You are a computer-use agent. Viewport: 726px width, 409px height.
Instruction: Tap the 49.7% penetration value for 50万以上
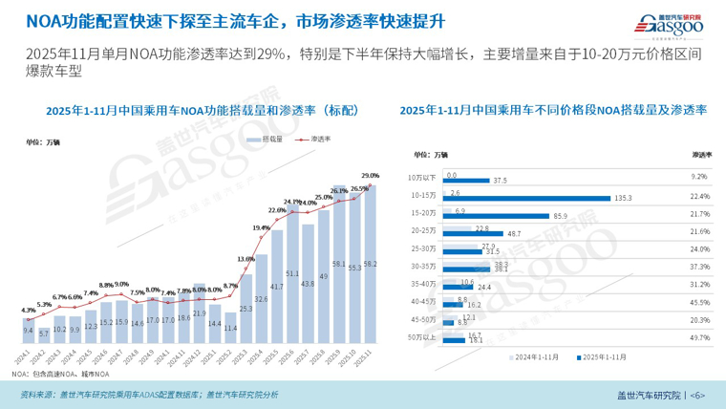click(698, 337)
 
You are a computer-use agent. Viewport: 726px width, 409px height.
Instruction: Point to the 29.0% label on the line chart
click(371, 176)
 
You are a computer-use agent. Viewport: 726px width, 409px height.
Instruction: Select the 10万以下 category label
click(421, 178)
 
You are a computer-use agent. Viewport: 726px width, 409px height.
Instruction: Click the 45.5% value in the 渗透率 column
click(698, 302)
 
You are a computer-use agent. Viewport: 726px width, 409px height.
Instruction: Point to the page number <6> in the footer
click(698, 396)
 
